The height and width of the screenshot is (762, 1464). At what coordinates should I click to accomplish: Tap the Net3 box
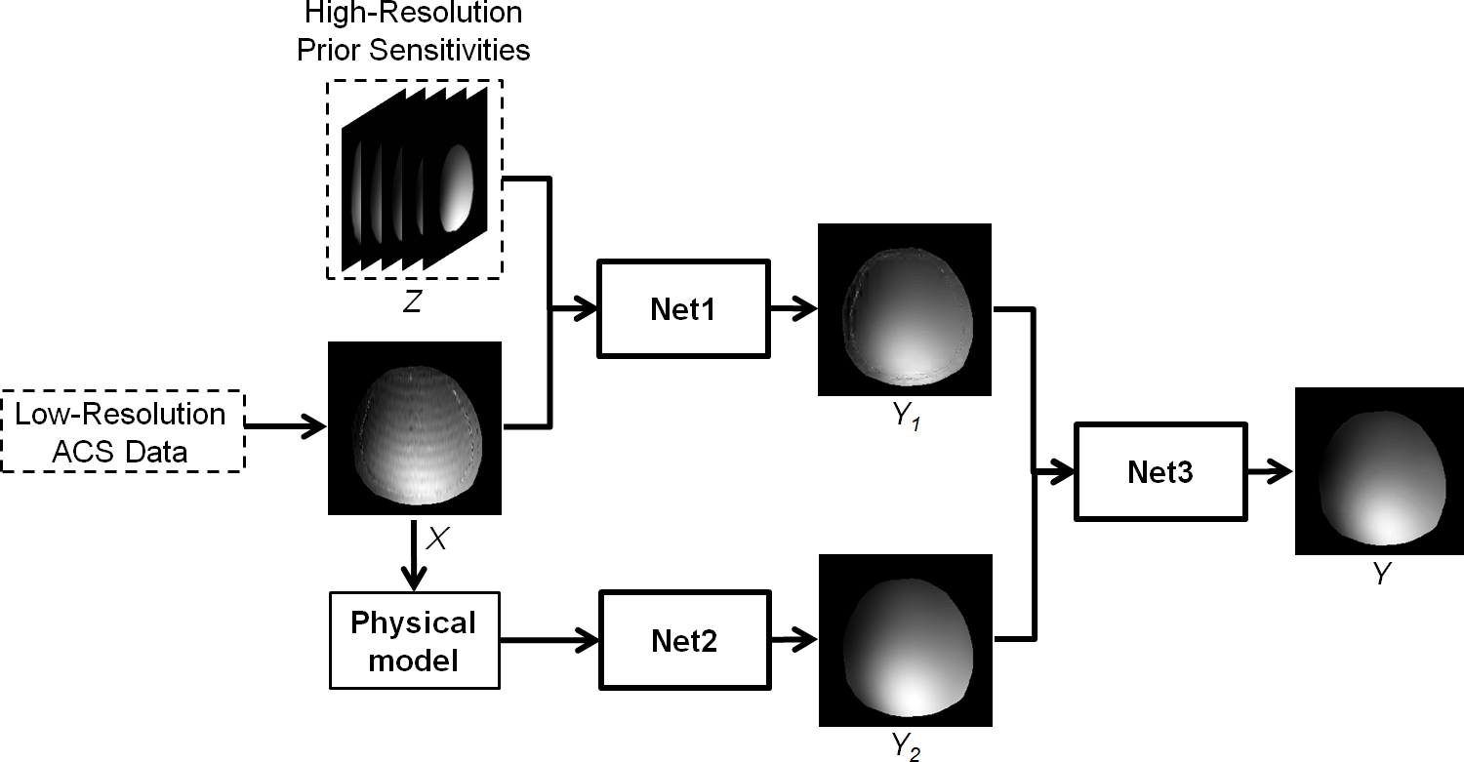point(1159,472)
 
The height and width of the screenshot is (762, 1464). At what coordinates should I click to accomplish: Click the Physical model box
point(414,640)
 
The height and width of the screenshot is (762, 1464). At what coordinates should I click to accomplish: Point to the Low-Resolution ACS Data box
point(121,432)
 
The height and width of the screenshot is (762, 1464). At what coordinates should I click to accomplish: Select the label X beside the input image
point(437,539)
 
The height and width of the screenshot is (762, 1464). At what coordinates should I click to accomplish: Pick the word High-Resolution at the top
point(413,14)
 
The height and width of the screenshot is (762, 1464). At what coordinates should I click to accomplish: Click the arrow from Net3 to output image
point(1270,472)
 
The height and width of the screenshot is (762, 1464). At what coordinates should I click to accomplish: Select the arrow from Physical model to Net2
point(549,640)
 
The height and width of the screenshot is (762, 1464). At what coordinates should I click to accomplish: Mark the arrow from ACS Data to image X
point(285,426)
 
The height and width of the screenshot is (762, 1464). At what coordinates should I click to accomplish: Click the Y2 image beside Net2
point(904,640)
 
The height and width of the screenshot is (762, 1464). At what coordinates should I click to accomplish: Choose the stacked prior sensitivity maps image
point(414,180)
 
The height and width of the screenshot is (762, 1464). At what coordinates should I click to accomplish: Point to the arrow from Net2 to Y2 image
point(793,640)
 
